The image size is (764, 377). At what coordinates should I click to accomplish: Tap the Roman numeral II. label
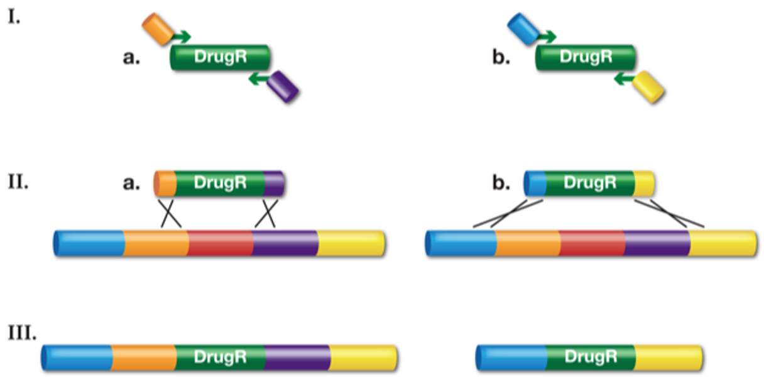point(16,185)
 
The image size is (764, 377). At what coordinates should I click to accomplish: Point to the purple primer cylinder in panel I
point(282,86)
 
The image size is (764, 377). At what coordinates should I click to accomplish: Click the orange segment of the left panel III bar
point(144,357)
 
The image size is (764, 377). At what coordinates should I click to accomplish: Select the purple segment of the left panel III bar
point(297,357)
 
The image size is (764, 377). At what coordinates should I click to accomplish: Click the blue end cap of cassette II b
point(535,183)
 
